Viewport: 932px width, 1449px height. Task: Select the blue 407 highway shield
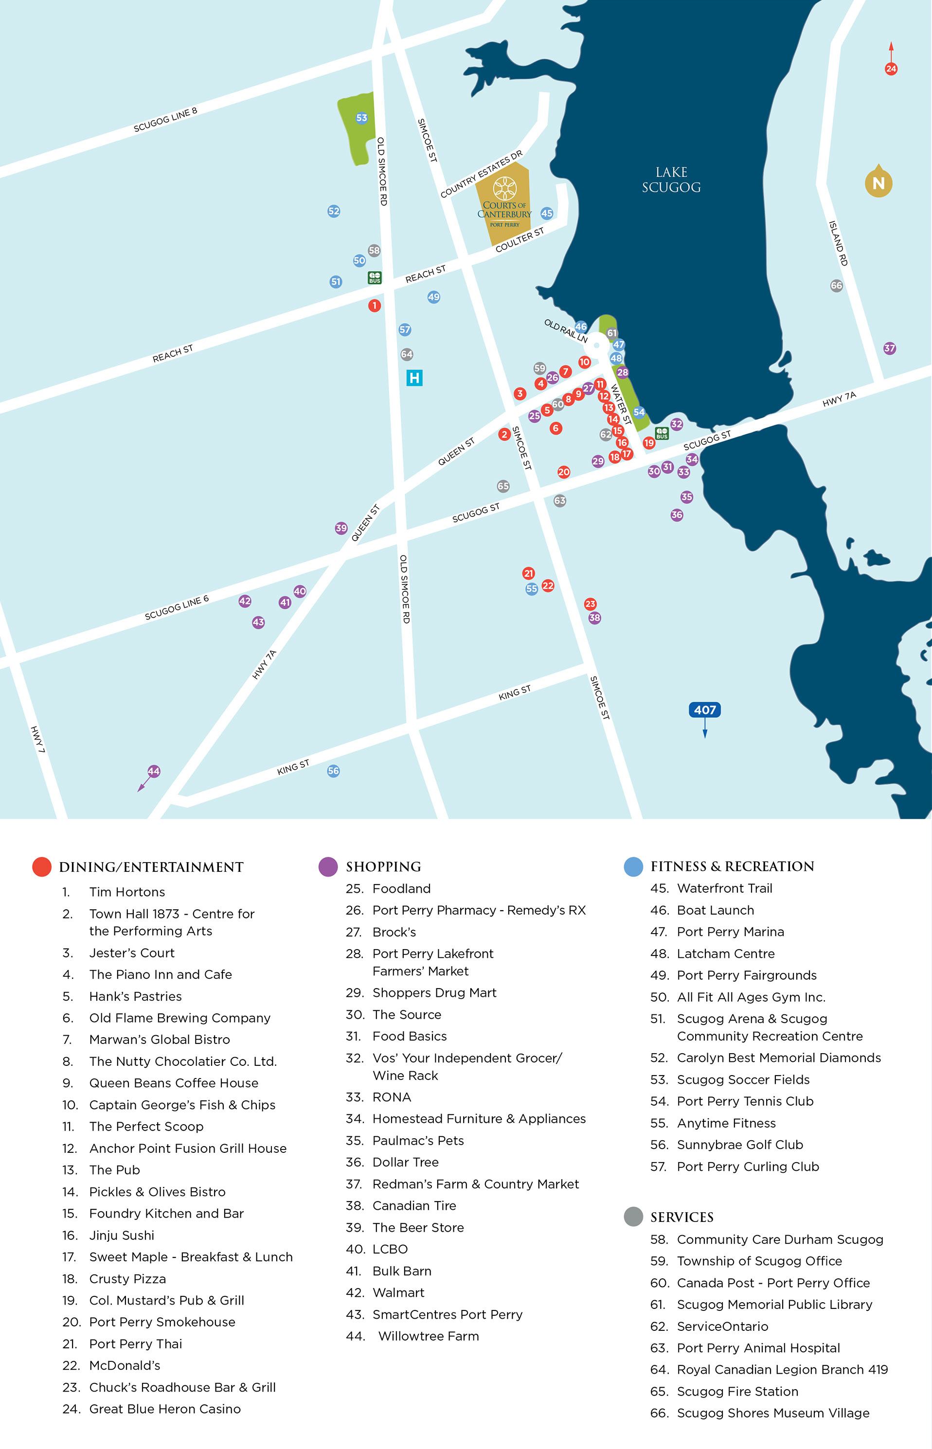coord(704,710)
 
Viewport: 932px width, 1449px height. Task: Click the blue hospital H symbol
coord(414,378)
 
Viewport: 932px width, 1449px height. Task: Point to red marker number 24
coord(891,69)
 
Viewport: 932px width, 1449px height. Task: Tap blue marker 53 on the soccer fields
coord(361,118)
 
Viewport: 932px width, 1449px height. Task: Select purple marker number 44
coord(154,771)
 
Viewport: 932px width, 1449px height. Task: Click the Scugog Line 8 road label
coord(165,120)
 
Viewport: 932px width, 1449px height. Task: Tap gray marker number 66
coord(836,285)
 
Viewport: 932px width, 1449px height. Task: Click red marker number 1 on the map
coord(375,305)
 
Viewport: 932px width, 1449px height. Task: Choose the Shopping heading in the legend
coord(383,866)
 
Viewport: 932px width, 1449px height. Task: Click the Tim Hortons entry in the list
coord(127,892)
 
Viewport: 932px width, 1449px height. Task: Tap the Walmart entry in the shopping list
coord(398,1292)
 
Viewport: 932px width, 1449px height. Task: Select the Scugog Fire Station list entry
coord(737,1391)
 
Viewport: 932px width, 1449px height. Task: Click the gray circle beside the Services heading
coord(633,1217)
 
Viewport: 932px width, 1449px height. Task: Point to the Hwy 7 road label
coord(37,739)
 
